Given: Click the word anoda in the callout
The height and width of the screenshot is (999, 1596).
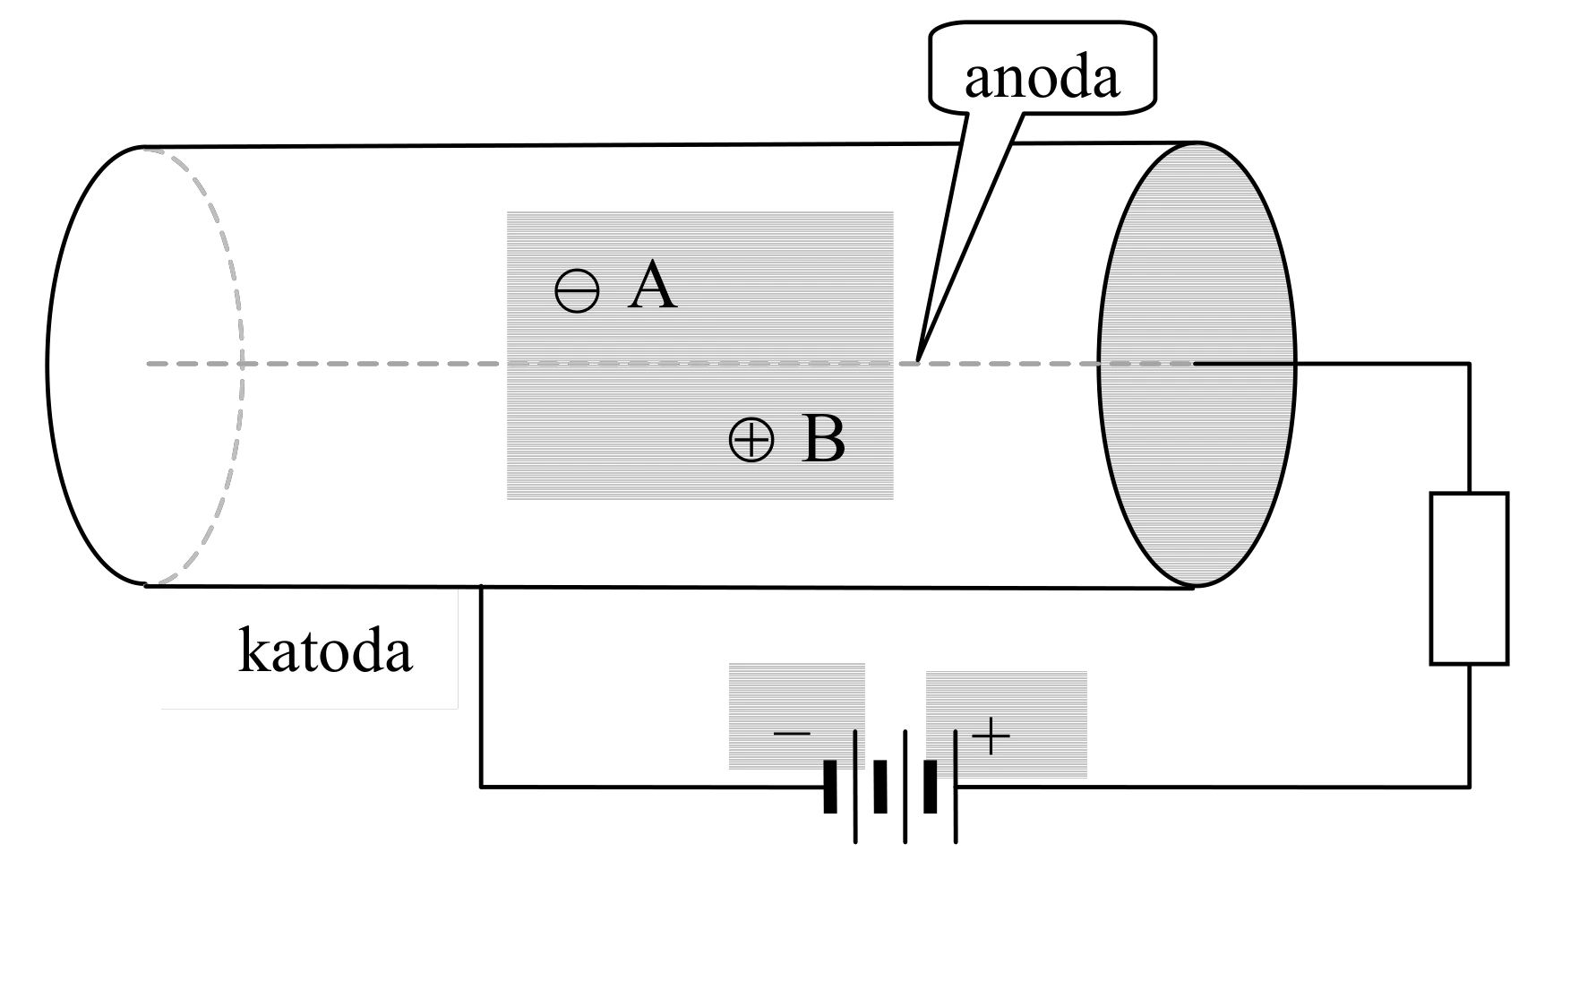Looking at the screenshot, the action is tap(1042, 78).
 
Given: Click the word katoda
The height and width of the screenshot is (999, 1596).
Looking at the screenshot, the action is tap(325, 651).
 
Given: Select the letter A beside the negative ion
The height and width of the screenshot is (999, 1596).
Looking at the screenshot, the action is tap(652, 287).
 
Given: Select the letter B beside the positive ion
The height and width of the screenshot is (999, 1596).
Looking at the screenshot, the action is tap(823, 439).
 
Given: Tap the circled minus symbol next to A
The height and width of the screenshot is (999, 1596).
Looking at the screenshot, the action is tap(577, 291).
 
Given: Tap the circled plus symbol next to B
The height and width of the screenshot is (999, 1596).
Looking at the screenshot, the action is tap(751, 440).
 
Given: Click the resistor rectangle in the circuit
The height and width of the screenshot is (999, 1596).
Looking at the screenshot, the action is tap(1469, 578).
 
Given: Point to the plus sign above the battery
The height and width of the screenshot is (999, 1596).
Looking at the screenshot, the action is tap(991, 736).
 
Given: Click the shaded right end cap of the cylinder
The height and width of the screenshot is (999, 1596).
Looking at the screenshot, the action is tap(1197, 364).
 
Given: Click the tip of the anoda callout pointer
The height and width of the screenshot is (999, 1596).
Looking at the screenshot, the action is tap(918, 362).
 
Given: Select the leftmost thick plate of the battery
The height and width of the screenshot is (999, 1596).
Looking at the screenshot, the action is tap(830, 787).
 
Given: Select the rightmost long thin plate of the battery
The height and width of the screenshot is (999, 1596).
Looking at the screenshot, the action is tap(956, 787).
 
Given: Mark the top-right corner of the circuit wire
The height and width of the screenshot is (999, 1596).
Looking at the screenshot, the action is tap(1469, 364).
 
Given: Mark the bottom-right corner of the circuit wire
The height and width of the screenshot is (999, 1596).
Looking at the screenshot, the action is tap(1469, 787).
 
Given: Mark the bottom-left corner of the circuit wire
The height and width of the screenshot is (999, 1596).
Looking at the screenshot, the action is tap(482, 787).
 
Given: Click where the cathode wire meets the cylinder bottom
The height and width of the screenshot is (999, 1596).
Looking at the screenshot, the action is tap(482, 586).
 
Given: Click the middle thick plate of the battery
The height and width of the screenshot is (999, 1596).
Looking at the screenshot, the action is tap(880, 787).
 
